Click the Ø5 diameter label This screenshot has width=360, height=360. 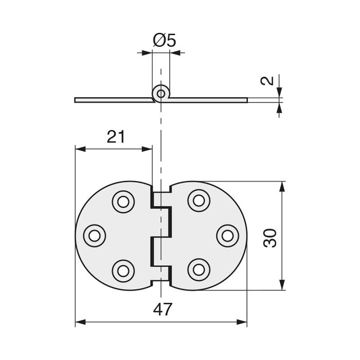165,40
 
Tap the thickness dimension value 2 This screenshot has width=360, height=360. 267,81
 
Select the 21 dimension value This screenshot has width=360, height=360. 116,137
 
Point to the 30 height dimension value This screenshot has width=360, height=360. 270,238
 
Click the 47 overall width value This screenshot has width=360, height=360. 163,309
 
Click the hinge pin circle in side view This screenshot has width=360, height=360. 161,94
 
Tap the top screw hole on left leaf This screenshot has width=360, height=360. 123,202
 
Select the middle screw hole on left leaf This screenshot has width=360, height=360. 94,236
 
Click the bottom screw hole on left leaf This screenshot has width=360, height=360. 123,271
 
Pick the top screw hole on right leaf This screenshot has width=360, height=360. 199,201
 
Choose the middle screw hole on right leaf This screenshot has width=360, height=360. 228,236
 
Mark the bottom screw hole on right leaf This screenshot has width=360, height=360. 199,270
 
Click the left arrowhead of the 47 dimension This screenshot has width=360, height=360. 80,322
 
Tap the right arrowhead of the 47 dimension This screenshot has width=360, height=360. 242,322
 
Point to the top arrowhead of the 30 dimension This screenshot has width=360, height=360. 282,186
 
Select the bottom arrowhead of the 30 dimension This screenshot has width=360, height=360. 282,285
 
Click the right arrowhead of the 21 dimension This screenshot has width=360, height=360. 147,149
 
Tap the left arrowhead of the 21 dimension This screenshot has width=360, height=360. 81,149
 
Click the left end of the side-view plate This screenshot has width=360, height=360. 75,100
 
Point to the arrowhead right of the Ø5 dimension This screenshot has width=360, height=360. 175,53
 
